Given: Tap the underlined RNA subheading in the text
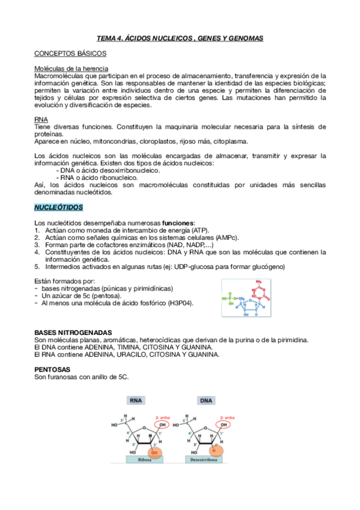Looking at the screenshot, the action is point(40,119).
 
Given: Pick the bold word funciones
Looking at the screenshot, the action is point(178,223).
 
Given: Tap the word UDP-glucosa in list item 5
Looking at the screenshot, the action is point(191,266).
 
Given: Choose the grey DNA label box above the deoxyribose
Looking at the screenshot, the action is point(207,399).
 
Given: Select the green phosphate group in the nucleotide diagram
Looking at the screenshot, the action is point(233,296).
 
